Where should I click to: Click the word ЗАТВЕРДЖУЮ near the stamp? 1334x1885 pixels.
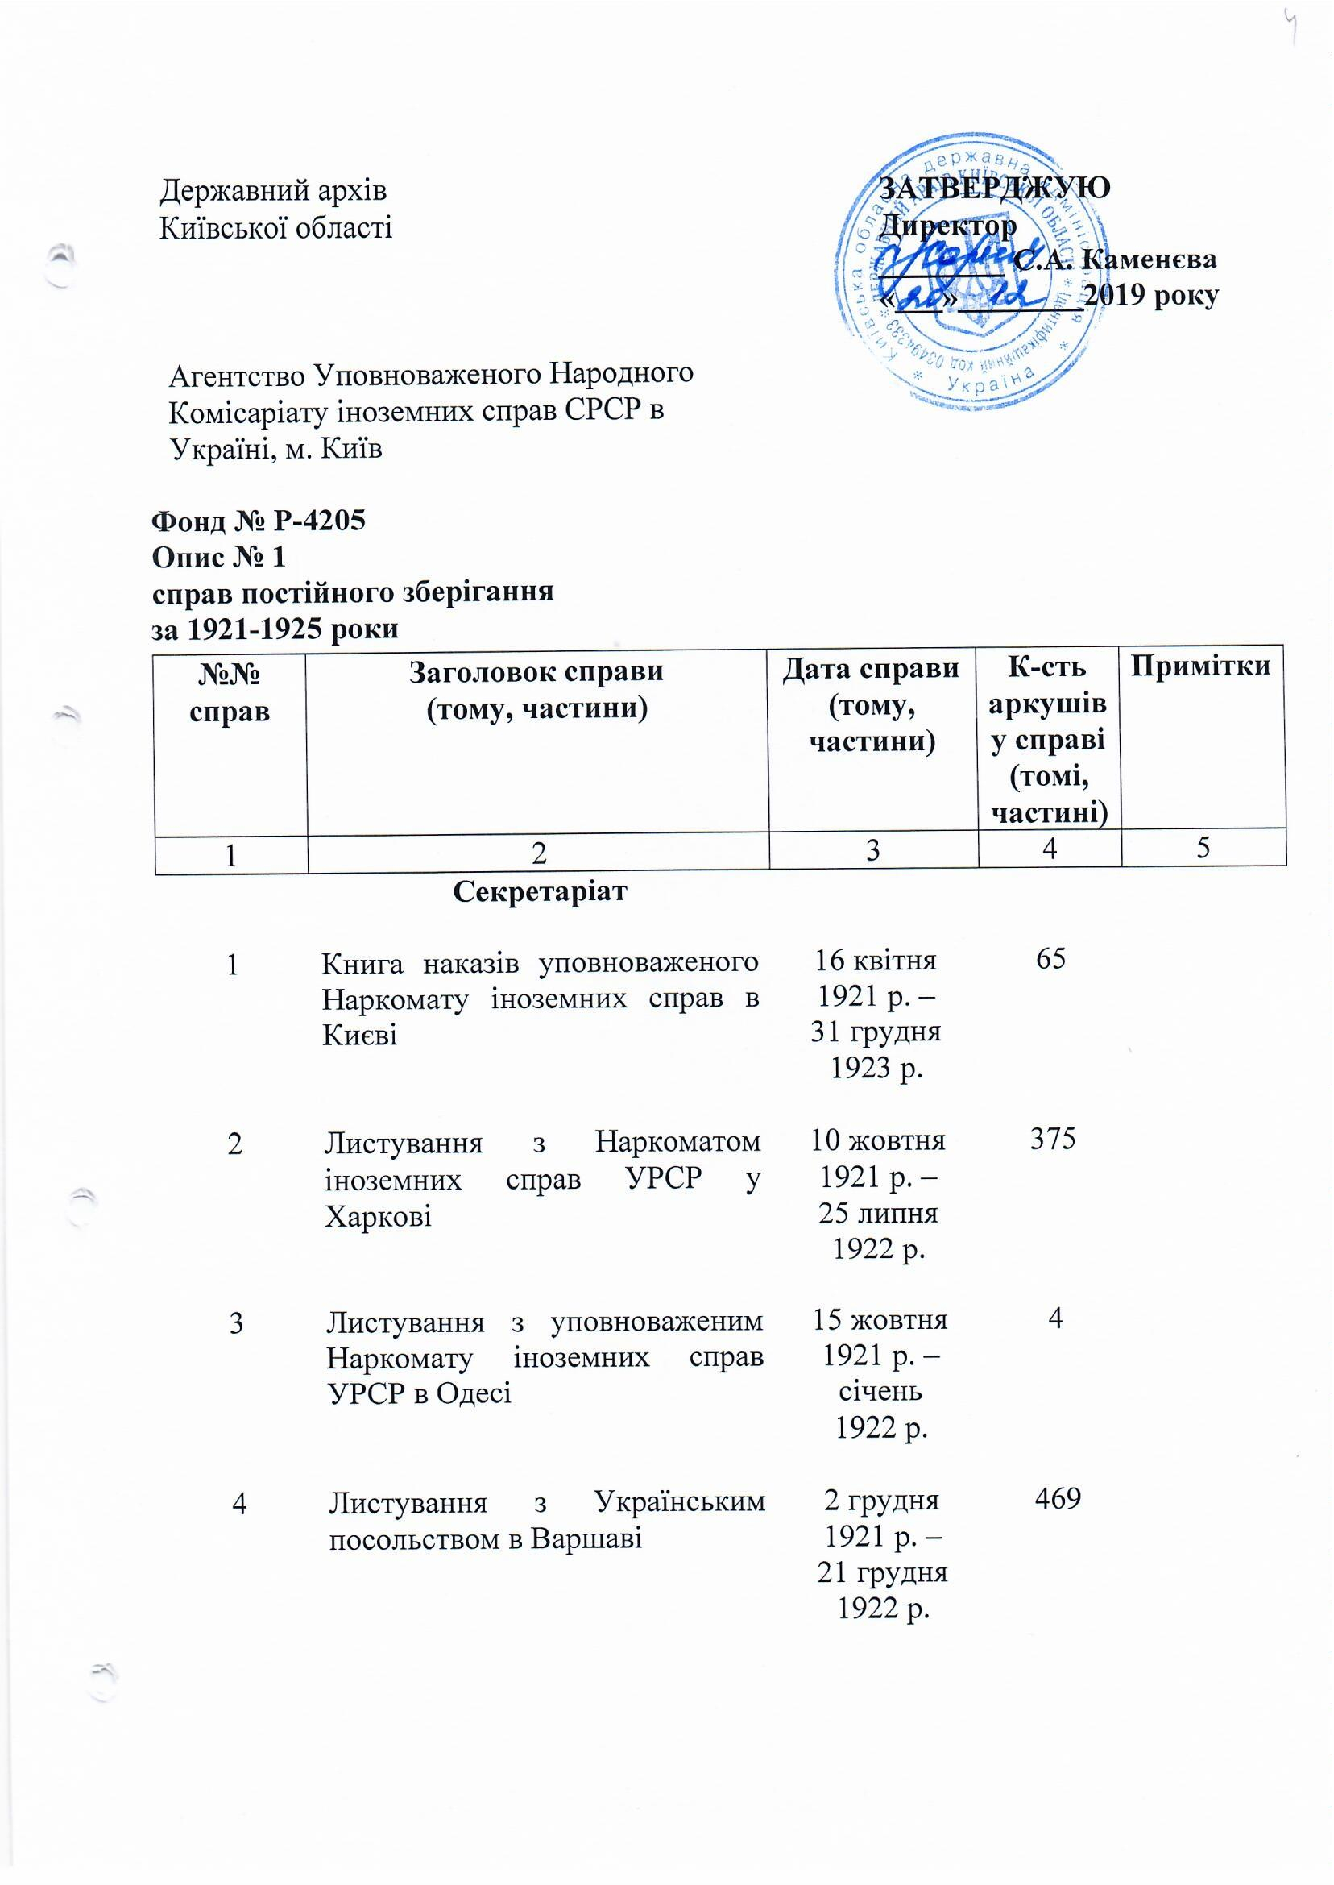[995, 187]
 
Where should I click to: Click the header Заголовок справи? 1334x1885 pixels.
[536, 671]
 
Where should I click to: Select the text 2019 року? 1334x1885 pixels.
[1151, 296]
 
